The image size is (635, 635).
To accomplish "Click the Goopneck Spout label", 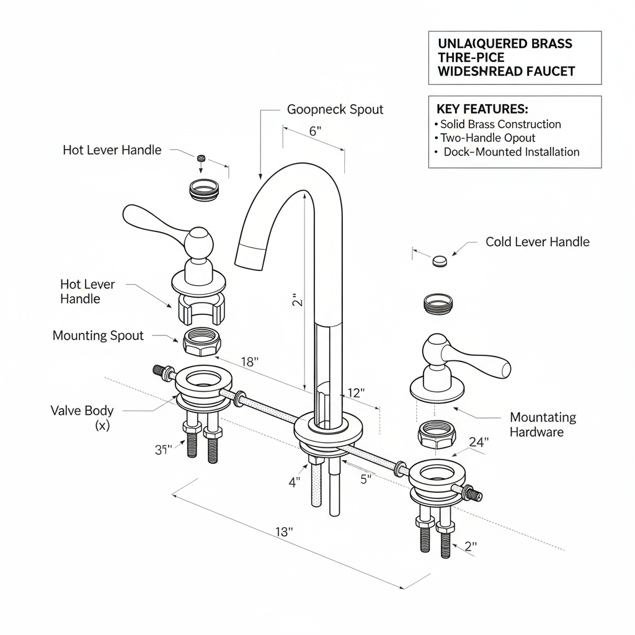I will click(335, 110).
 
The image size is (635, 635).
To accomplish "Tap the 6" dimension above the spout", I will click(314, 131).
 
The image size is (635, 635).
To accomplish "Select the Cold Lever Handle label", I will click(537, 242).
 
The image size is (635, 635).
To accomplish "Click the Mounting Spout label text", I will click(98, 335).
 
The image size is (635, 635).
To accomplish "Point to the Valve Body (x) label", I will click(82, 417).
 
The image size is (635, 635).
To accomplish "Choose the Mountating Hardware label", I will click(543, 425).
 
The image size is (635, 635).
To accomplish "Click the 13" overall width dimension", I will click(283, 531).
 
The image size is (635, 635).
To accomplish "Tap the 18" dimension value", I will click(249, 362).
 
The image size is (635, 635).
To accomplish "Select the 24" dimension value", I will click(479, 442).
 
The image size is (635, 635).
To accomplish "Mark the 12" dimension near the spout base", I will click(356, 393).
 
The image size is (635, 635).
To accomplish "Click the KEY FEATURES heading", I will click(482, 109).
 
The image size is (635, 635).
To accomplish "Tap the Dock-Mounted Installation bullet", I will click(512, 152).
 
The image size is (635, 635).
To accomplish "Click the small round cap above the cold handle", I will click(440, 260).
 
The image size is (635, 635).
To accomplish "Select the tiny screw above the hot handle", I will click(201, 159).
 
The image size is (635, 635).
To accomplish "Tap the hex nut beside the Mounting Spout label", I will click(201, 342).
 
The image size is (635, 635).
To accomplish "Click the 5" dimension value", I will click(366, 479).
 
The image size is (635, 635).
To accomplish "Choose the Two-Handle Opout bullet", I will click(487, 138).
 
